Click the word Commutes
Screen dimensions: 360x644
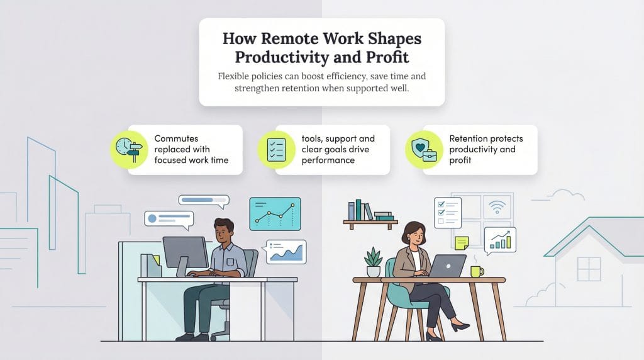pyautogui.click(x=175, y=138)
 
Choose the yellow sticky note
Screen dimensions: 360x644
pyautogui.click(x=462, y=243)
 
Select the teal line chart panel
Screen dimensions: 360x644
pyautogui.click(x=275, y=213)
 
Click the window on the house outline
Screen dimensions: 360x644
pyautogui.click(x=589, y=269)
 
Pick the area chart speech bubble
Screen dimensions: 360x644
pyautogui.click(x=286, y=251)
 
